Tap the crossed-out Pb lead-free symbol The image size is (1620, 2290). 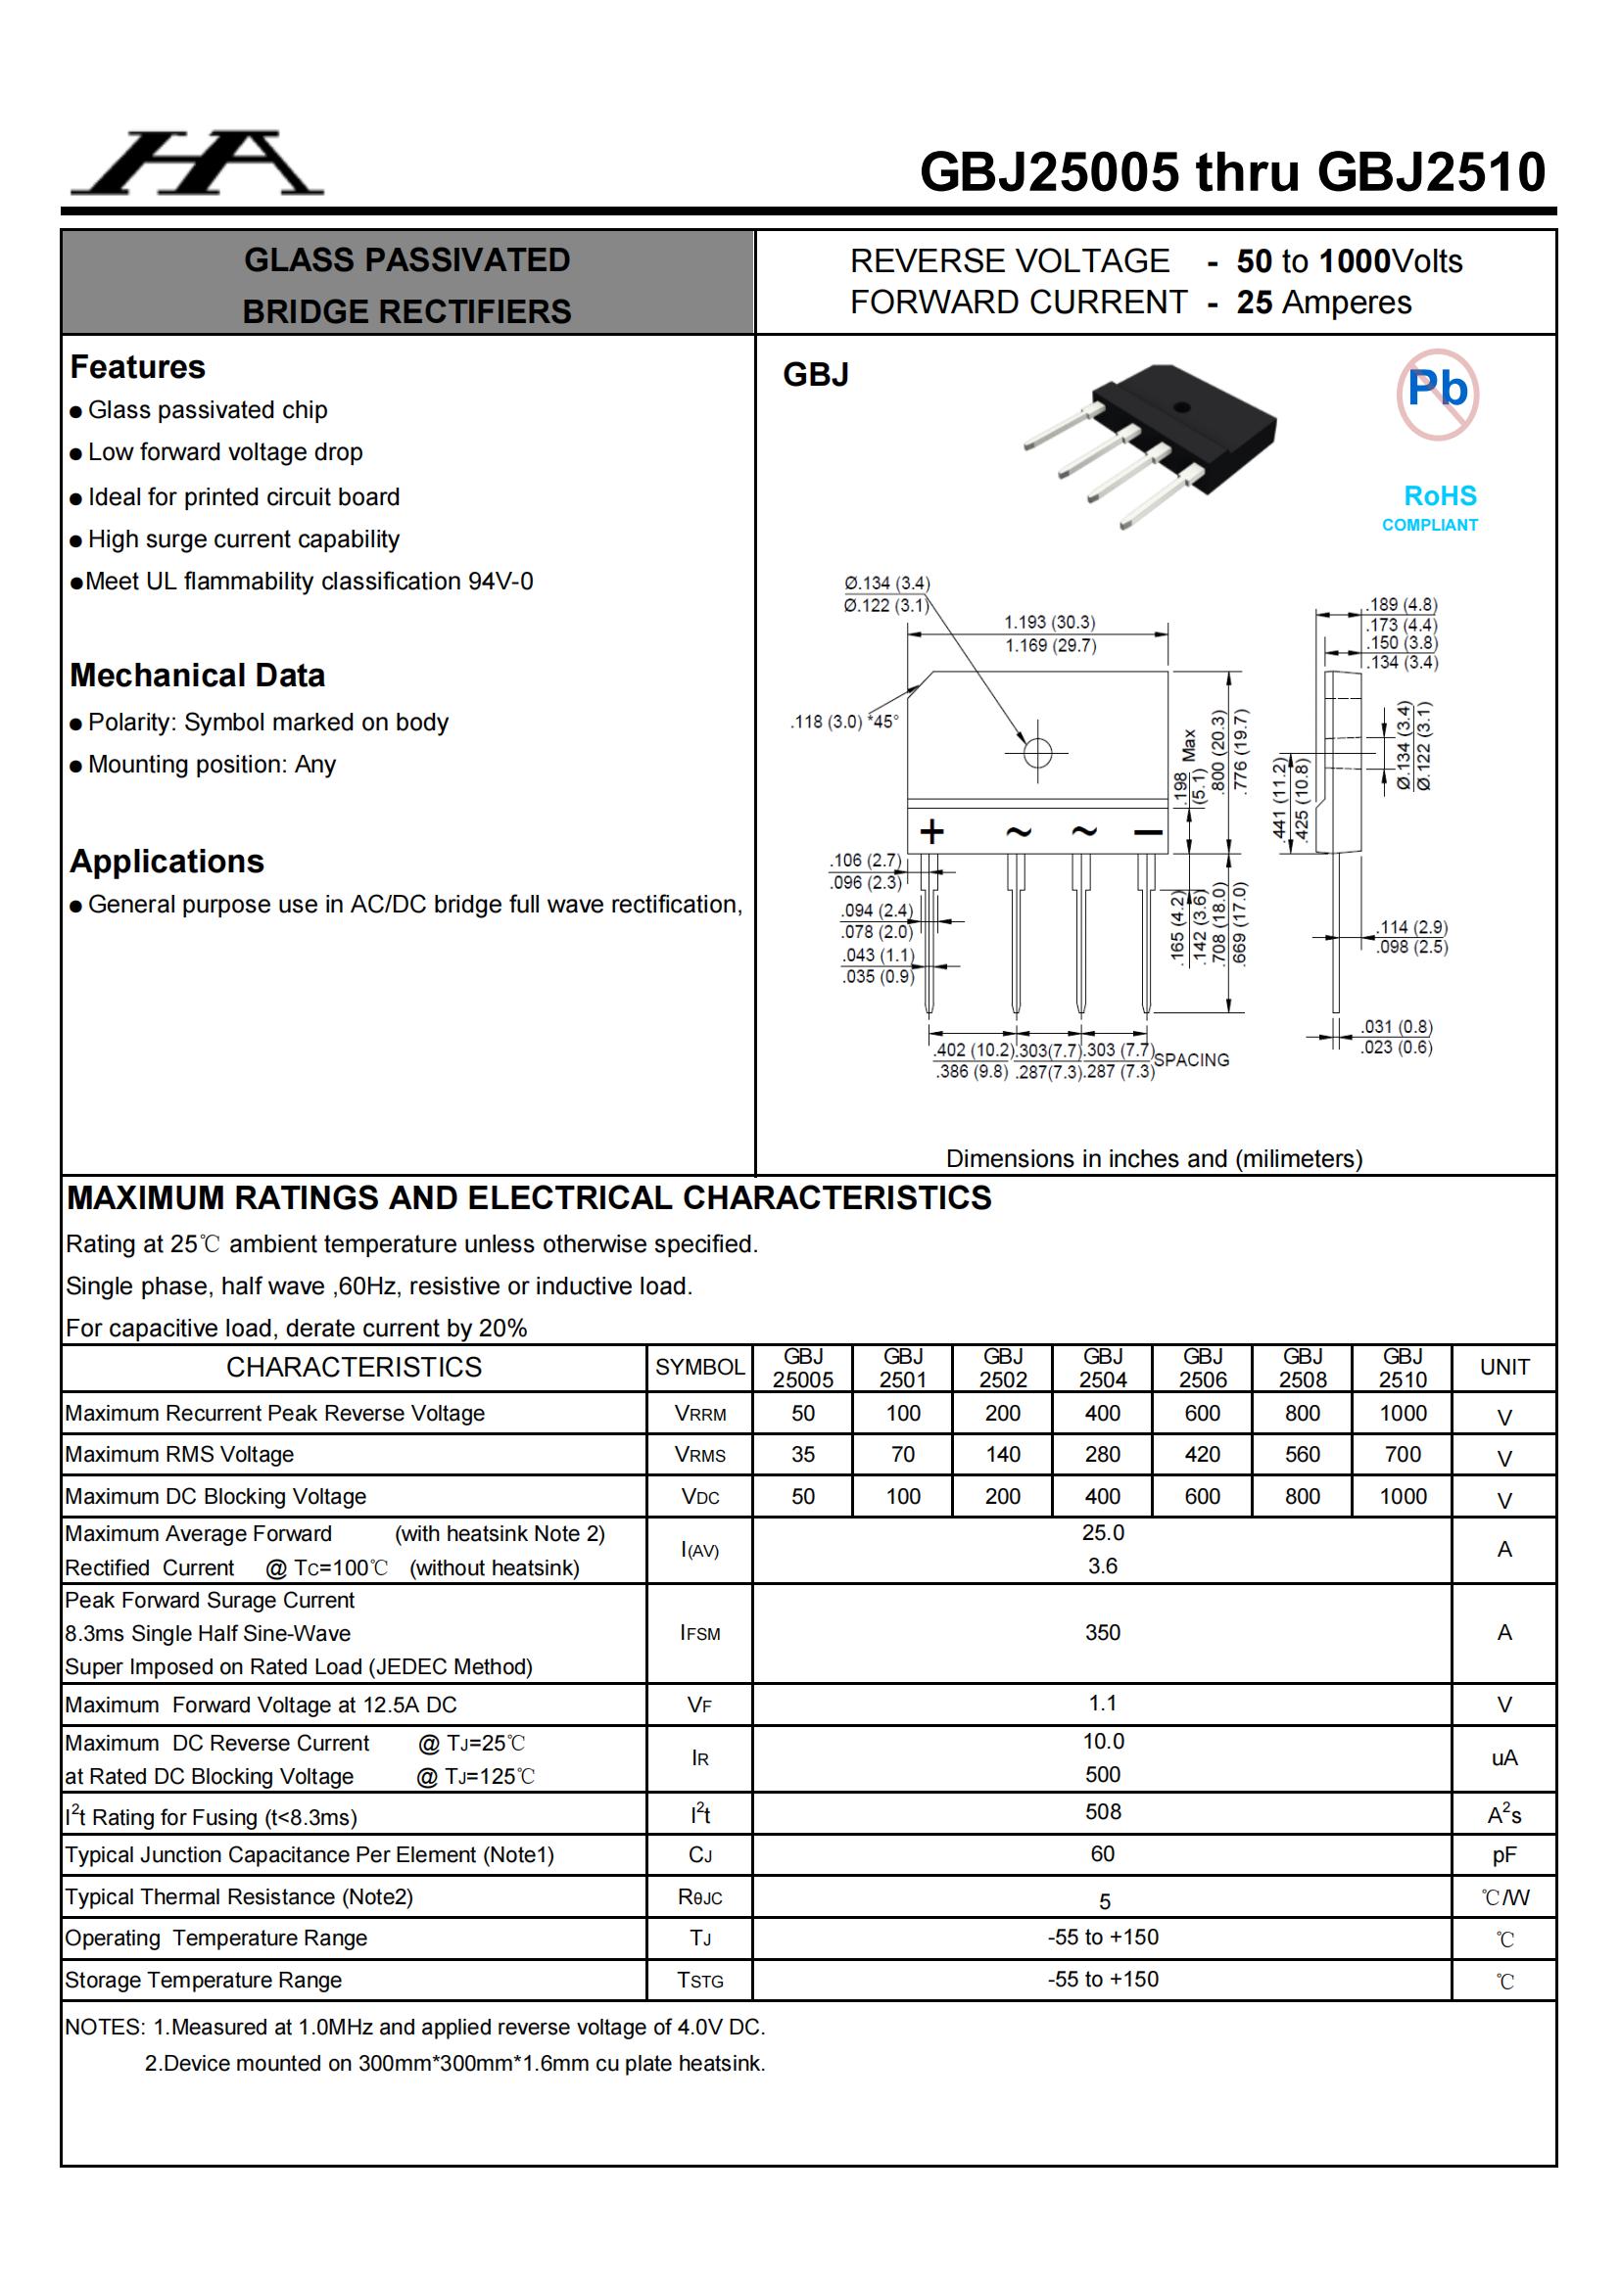tap(1437, 394)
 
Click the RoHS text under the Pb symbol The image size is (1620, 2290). tap(1440, 495)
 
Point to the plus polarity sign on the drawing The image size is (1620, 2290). tap(931, 831)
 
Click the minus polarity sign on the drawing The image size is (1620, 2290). tap(1148, 832)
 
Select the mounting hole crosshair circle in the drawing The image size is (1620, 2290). tap(1037, 752)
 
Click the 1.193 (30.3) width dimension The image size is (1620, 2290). tap(1049, 623)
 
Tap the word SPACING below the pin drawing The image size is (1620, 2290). tap(1191, 1059)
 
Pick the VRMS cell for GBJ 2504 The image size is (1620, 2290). tap(1102, 1454)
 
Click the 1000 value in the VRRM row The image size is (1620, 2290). tap(1403, 1414)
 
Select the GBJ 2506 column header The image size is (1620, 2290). tap(1202, 1368)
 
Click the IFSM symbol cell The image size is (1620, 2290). tap(699, 1633)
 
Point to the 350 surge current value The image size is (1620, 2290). tap(1102, 1632)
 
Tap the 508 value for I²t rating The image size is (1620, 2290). tap(1102, 1811)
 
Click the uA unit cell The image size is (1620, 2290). tap(1503, 1757)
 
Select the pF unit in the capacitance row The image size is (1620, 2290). tap(1503, 1855)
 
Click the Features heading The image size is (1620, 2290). tap(138, 367)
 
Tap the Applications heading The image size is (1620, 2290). tap(167, 861)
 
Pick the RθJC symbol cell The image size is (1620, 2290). tap(699, 1897)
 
